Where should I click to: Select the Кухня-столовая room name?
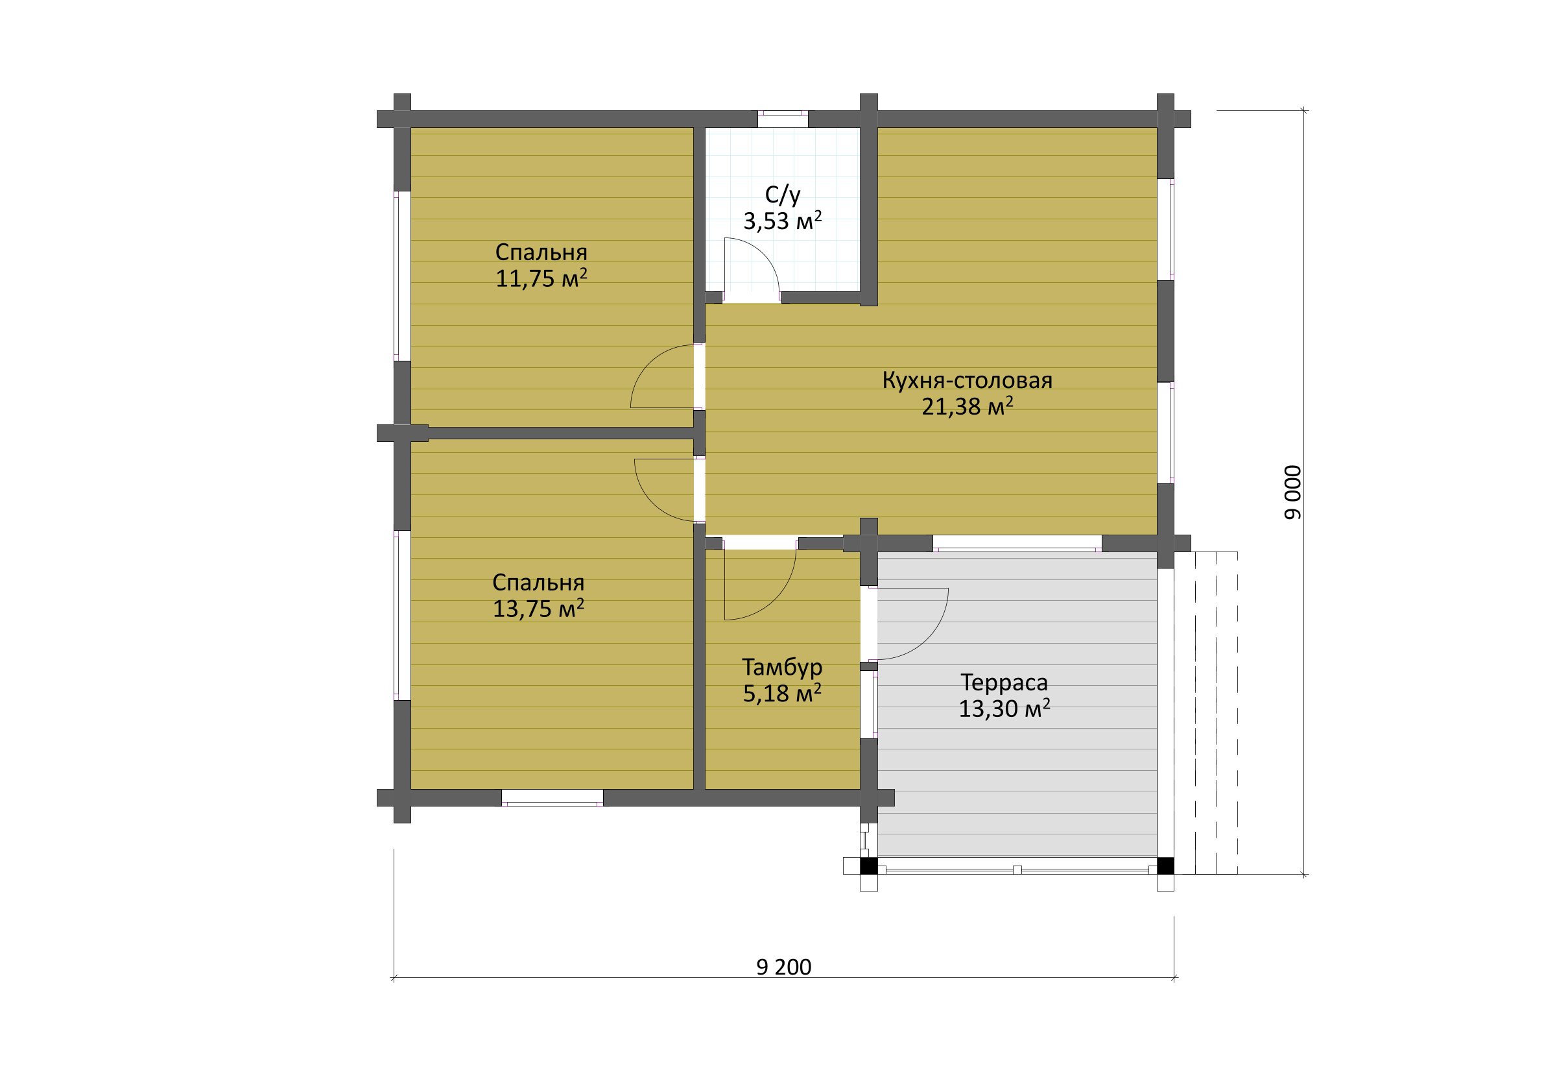967,381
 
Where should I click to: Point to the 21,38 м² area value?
967,406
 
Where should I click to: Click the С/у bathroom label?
783,195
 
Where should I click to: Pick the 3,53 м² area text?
783,221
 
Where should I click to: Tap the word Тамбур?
782,667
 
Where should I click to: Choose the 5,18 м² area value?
782,693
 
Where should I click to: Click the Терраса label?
1004,682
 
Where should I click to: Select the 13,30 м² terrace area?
1004,709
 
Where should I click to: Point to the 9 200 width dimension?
783,967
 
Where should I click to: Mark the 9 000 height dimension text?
1292,492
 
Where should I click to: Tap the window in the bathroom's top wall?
783,119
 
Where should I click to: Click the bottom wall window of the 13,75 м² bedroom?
552,797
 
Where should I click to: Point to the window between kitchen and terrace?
1017,544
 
